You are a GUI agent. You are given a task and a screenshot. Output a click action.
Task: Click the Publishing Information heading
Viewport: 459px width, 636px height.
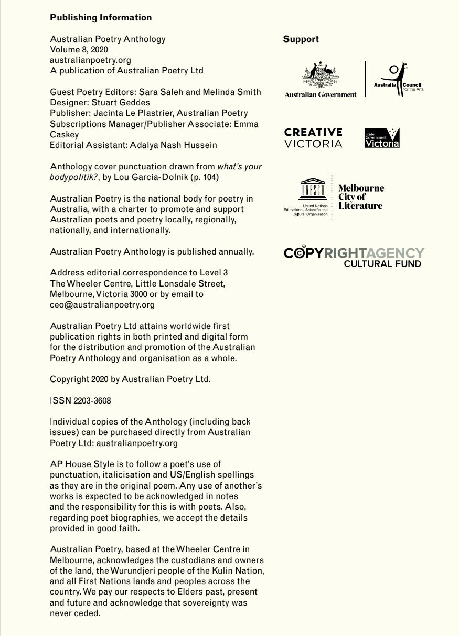pos(101,17)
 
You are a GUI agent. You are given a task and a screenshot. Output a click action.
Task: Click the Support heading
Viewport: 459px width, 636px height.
pos(301,39)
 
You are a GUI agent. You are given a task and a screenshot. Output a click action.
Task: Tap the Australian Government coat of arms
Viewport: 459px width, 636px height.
pos(321,76)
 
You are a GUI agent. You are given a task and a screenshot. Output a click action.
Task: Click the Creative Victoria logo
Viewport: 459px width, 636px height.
pos(313,137)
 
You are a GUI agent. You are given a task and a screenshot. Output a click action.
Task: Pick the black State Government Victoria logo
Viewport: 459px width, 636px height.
pos(382,137)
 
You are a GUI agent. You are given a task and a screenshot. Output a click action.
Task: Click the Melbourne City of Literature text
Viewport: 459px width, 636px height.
pos(361,197)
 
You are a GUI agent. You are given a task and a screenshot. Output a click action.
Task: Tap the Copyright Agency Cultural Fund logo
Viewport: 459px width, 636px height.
pos(354,257)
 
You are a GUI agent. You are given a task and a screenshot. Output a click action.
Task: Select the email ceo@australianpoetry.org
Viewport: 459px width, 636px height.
pos(102,304)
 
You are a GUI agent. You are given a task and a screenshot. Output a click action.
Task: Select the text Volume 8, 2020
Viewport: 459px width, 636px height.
pos(79,49)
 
